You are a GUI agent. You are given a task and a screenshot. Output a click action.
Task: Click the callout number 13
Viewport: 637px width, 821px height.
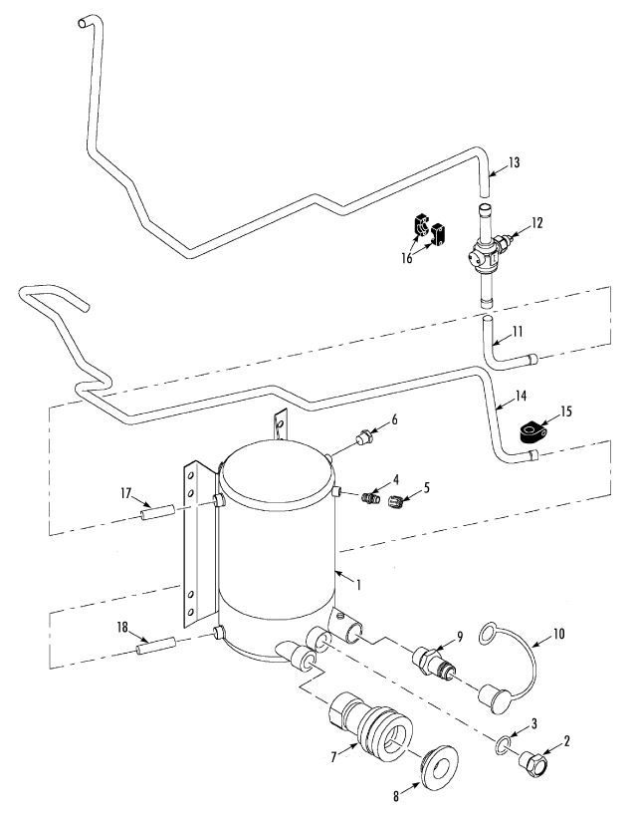(x=515, y=162)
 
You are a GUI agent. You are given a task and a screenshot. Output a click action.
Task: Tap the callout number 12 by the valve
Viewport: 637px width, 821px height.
(x=536, y=222)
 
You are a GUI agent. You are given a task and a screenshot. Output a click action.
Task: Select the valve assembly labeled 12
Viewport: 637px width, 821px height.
(x=489, y=254)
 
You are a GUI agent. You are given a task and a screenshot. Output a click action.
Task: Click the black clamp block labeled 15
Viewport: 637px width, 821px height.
(x=532, y=432)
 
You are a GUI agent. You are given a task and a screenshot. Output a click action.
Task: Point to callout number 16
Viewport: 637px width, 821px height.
(x=407, y=258)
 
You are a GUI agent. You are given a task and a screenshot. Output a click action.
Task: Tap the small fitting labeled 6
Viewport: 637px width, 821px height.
(x=364, y=437)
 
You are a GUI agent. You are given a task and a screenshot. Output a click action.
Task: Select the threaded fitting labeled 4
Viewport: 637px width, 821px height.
(x=371, y=497)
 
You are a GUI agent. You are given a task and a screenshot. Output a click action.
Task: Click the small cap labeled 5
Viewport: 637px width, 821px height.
(x=397, y=501)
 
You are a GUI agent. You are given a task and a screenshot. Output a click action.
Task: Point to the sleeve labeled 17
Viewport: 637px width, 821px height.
(x=157, y=511)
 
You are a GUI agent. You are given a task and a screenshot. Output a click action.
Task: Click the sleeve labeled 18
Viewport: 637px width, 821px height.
(x=156, y=645)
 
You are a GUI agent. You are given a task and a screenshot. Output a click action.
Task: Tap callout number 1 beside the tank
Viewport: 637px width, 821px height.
(x=358, y=584)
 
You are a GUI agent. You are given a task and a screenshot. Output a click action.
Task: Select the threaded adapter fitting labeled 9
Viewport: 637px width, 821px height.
(x=434, y=663)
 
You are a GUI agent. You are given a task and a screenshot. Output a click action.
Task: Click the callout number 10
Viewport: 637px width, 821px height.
(x=558, y=634)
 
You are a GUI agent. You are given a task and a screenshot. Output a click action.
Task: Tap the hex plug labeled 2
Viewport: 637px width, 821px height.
(x=532, y=760)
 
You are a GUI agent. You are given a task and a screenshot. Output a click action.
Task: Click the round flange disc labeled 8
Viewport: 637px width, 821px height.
(x=439, y=767)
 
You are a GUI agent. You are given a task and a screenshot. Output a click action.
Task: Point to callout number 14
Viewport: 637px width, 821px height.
(x=520, y=396)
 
